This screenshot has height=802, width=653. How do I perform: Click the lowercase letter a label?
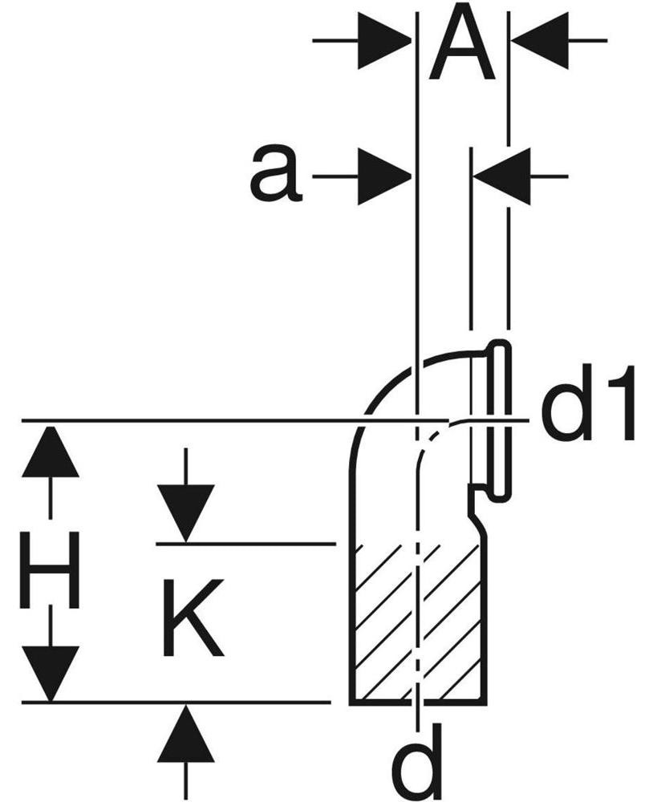(275, 173)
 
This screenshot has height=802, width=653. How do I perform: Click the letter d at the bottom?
(420, 764)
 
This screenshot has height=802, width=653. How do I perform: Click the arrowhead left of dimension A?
(384, 40)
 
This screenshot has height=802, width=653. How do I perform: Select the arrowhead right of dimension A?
(539, 40)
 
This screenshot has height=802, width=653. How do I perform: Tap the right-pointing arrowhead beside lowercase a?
(384, 176)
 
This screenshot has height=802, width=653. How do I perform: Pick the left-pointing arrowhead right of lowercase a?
(501, 176)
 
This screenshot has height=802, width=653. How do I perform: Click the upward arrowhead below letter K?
(185, 732)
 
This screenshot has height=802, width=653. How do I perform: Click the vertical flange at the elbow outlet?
(501, 419)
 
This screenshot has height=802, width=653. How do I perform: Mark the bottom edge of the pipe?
(418, 704)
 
